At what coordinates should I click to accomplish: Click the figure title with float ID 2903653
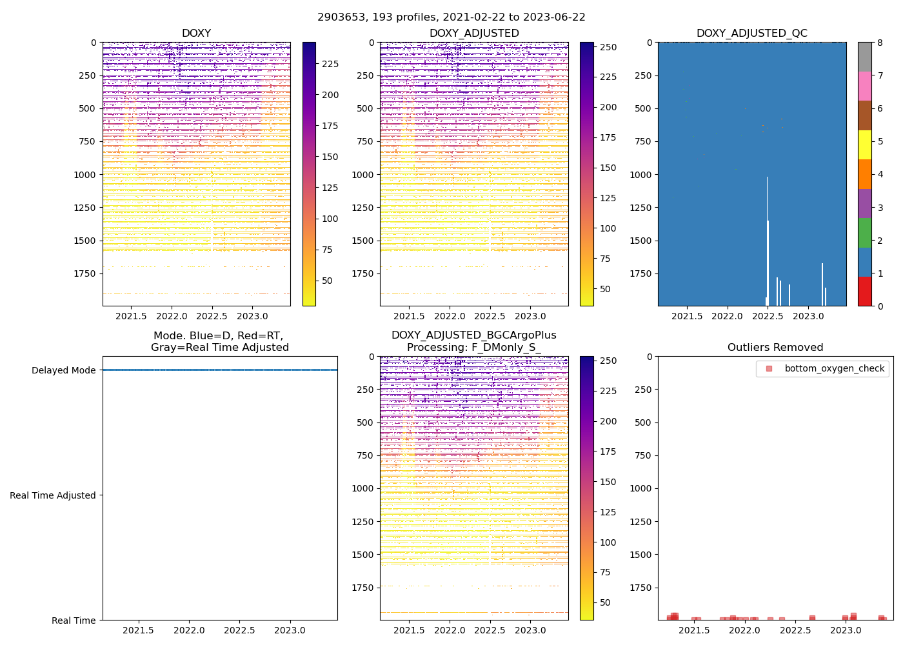coord(451,17)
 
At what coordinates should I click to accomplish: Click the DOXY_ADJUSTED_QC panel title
coord(751,34)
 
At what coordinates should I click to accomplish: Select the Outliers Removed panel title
coord(775,348)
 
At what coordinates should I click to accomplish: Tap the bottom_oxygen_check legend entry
coord(834,369)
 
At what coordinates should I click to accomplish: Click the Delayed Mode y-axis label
coord(63,370)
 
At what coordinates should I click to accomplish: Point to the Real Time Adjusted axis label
coord(53,495)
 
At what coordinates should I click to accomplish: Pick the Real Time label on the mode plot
coord(74,620)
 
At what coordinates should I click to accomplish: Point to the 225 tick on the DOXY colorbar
coord(330,64)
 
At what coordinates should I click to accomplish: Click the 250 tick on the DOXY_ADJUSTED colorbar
coord(608,47)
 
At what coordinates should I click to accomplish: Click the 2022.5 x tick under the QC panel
coord(767,316)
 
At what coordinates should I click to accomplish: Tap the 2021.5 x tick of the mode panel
coord(138,630)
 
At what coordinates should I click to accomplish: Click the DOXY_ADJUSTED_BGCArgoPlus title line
coord(473,335)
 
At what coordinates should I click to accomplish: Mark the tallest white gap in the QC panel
coord(767,239)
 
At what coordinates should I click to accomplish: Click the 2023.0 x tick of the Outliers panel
coord(845,630)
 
